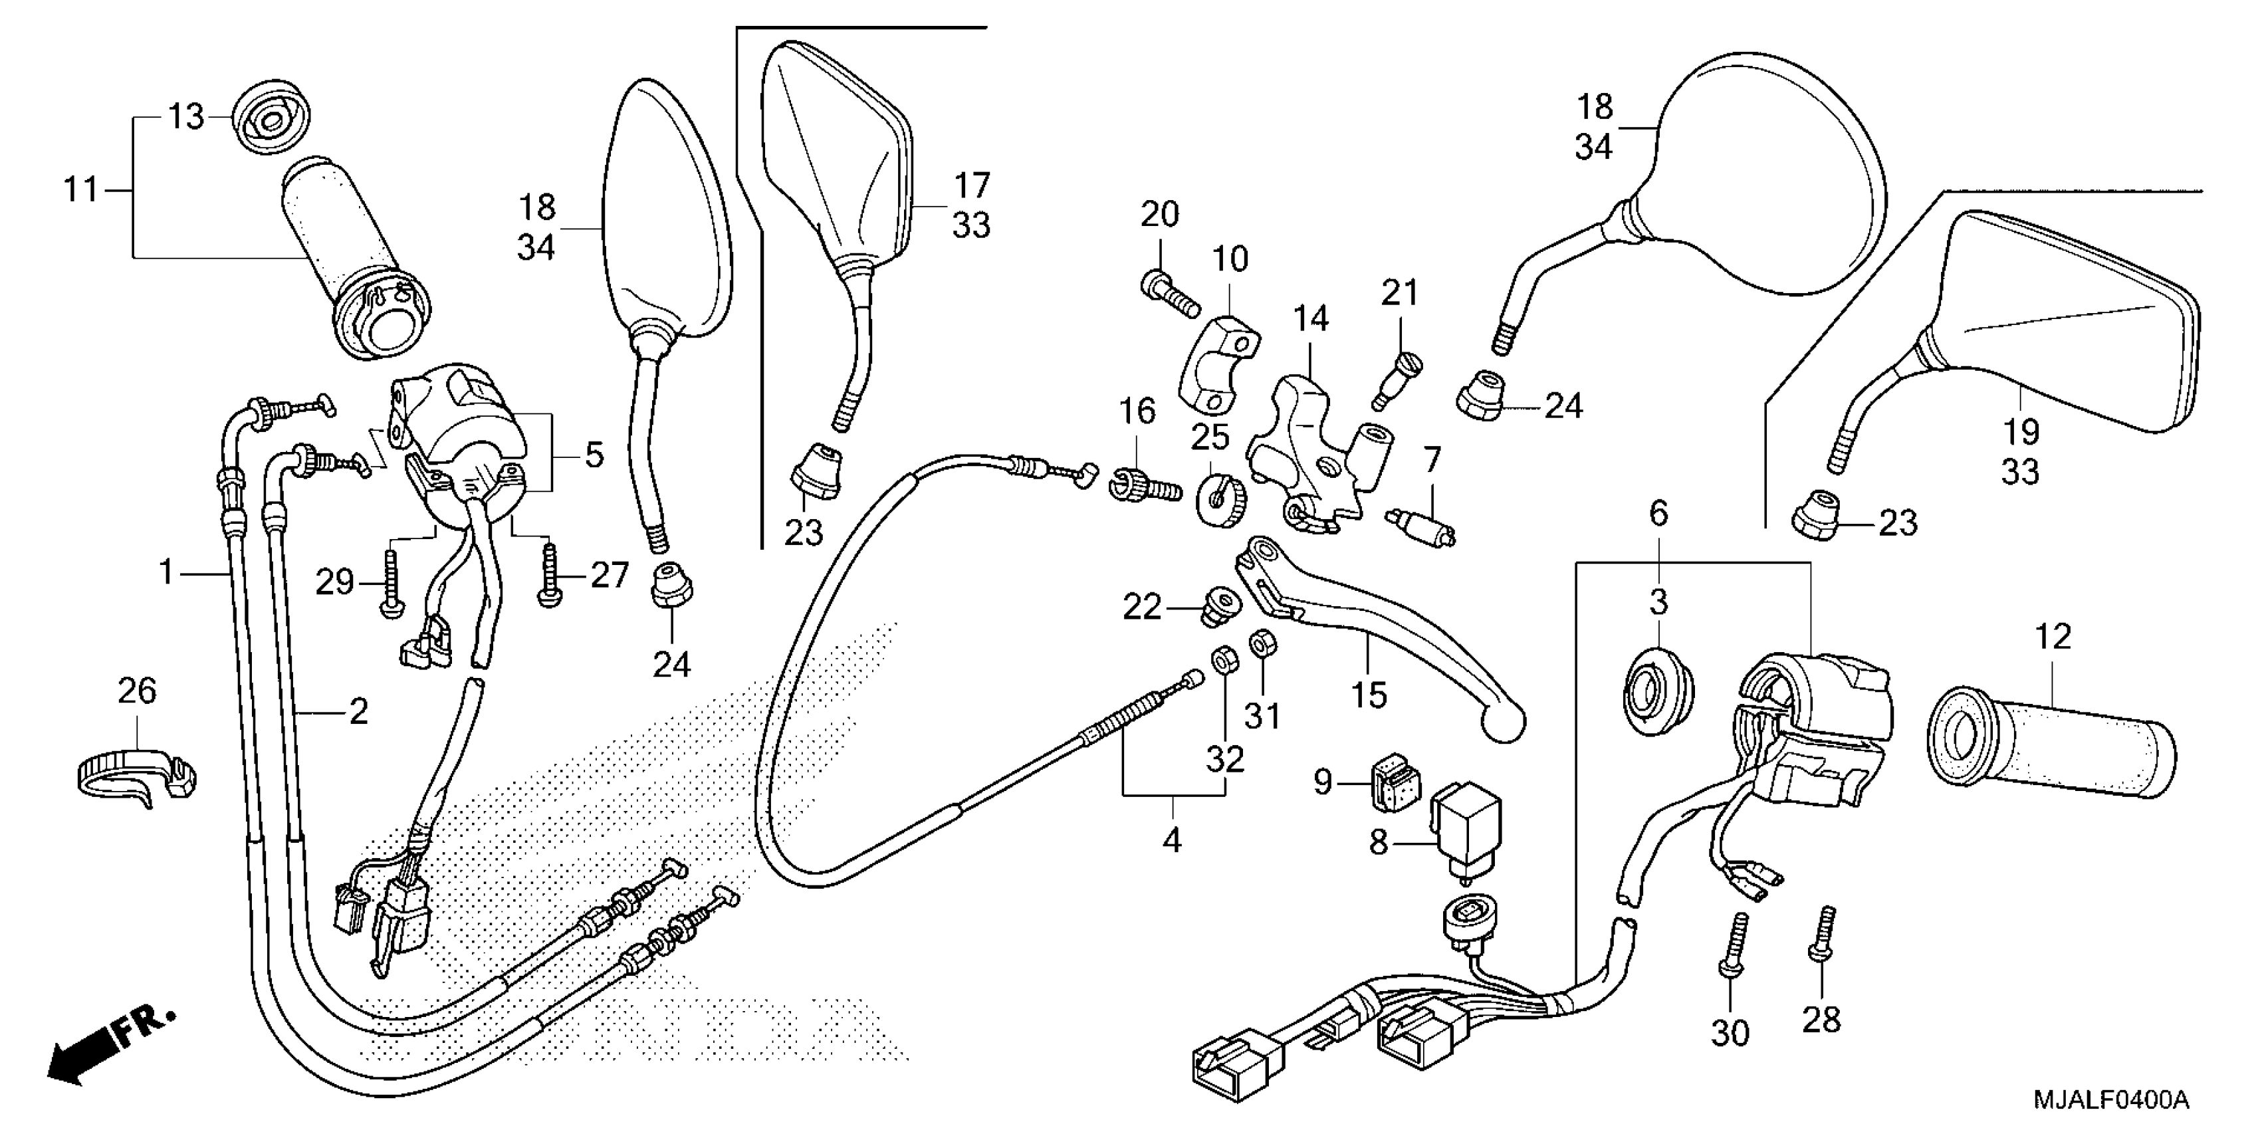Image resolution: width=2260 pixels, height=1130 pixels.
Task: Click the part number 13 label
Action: coord(186,117)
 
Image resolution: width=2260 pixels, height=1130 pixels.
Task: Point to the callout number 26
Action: coord(137,691)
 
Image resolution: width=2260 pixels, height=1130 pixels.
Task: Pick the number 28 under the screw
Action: coord(1821,1020)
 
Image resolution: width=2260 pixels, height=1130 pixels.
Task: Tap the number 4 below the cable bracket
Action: coord(1172,840)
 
